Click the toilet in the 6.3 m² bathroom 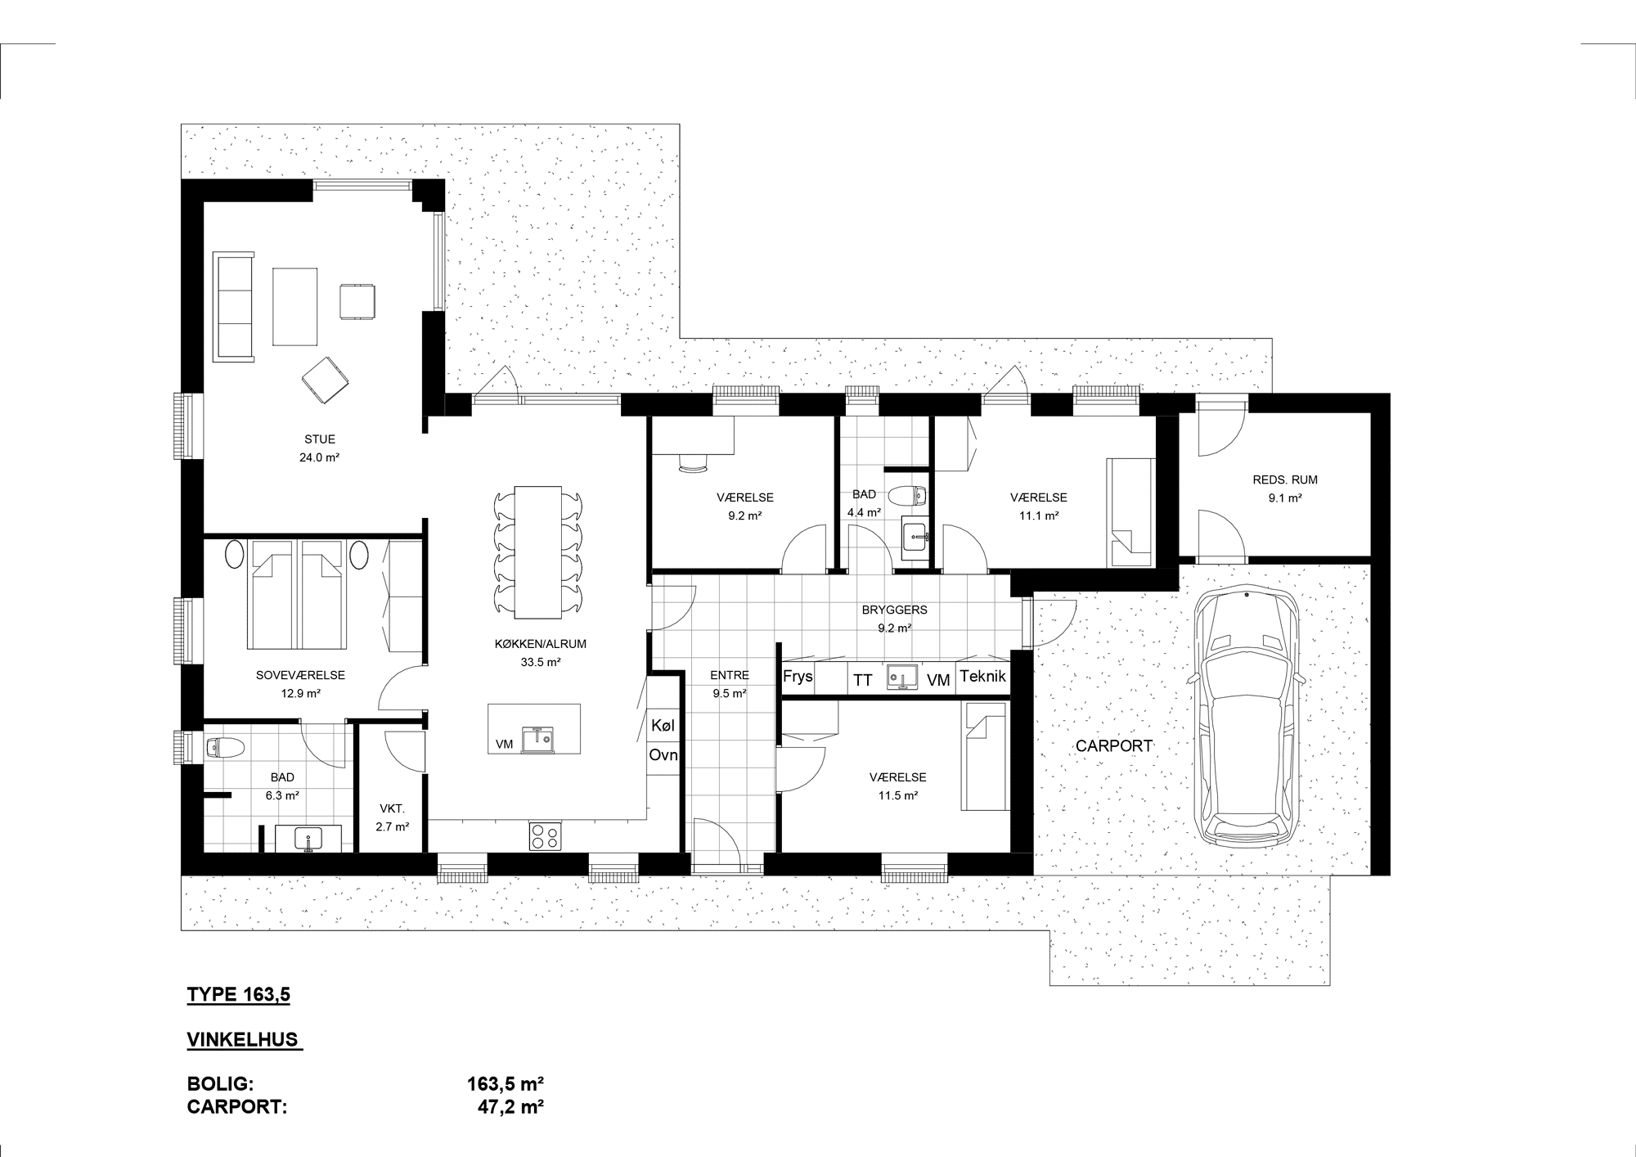click(x=225, y=746)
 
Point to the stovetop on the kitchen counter click(x=546, y=835)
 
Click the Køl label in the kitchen click(x=663, y=725)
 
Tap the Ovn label click(x=663, y=755)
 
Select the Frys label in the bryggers click(x=798, y=677)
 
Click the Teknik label click(x=982, y=677)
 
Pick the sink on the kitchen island click(x=538, y=738)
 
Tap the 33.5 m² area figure click(x=541, y=662)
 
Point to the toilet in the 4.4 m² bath click(x=910, y=495)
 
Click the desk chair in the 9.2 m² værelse click(x=694, y=464)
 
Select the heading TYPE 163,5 click(x=239, y=995)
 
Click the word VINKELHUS click(x=244, y=1040)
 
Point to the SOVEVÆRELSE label click(x=300, y=676)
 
